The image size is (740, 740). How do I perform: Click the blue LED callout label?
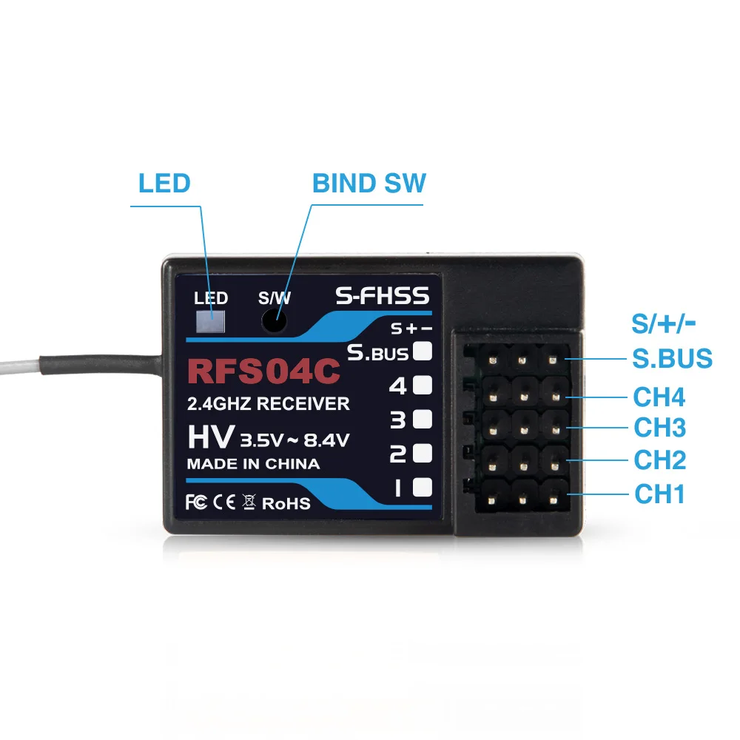[x=164, y=183]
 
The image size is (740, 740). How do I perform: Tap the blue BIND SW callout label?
[x=369, y=183]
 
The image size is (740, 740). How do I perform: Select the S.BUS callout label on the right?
[x=672, y=358]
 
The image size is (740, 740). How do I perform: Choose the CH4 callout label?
[x=659, y=397]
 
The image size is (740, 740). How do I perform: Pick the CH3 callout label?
[x=659, y=428]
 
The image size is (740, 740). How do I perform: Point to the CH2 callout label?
[x=659, y=460]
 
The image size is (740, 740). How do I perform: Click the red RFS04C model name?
[x=264, y=372]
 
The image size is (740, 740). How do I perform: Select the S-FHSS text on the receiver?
[x=382, y=297]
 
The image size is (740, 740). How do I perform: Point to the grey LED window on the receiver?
[x=210, y=321]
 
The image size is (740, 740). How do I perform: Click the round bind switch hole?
[x=275, y=321]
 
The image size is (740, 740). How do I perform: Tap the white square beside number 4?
[x=422, y=385]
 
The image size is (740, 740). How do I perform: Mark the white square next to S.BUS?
[x=422, y=351]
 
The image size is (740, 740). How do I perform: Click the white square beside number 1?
[x=422, y=487]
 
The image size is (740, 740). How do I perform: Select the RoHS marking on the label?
[x=286, y=503]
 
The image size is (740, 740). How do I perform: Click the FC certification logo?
[x=195, y=502]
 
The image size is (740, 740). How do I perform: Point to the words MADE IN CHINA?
[x=253, y=465]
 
